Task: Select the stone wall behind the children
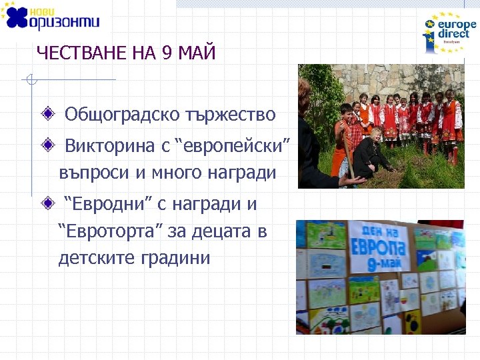[400, 79]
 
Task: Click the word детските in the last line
[97, 258]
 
